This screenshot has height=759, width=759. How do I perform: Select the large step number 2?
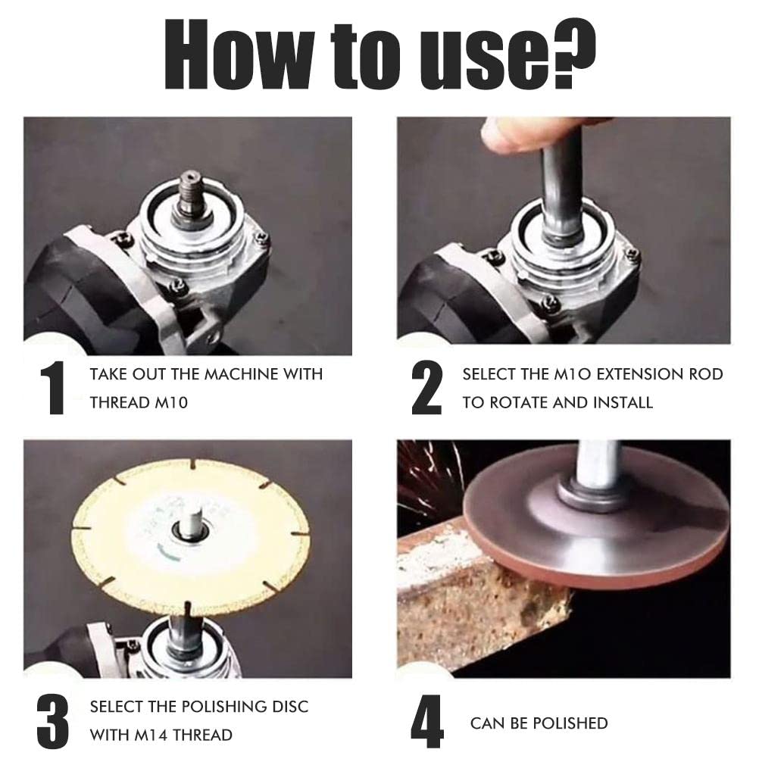426,388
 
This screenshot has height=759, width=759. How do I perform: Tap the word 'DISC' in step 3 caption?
289,706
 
